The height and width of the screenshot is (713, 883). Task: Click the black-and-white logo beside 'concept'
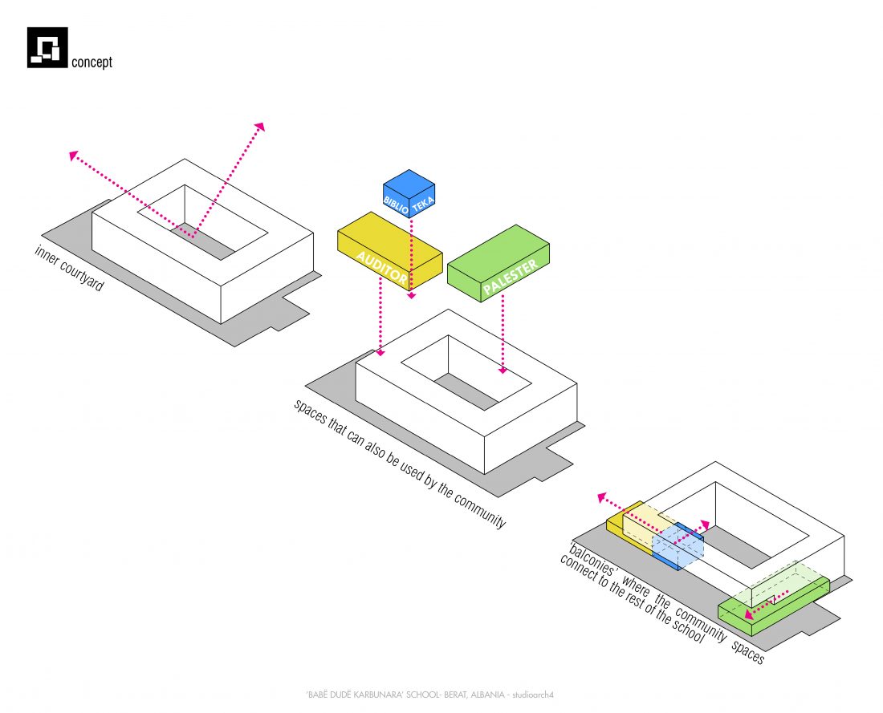[x=47, y=47]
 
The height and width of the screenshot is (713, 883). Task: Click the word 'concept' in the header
[x=92, y=62]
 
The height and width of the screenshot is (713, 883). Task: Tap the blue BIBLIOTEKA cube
[x=409, y=193]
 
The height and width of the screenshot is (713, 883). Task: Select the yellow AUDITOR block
[x=389, y=249]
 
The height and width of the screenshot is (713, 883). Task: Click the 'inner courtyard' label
[x=69, y=268]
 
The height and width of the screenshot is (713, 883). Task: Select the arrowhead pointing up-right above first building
[x=259, y=127]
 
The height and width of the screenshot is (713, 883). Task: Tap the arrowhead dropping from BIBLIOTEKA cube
[x=411, y=296]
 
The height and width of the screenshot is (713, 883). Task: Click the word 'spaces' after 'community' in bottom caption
[x=747, y=654]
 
